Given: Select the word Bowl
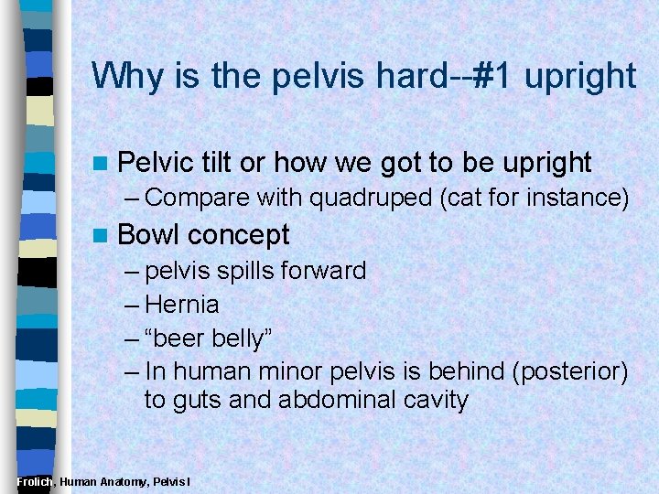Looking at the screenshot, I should point(151,235).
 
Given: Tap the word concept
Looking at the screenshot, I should point(240,235).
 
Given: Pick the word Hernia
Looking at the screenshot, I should point(182,304).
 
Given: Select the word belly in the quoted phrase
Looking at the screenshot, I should point(242,338).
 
